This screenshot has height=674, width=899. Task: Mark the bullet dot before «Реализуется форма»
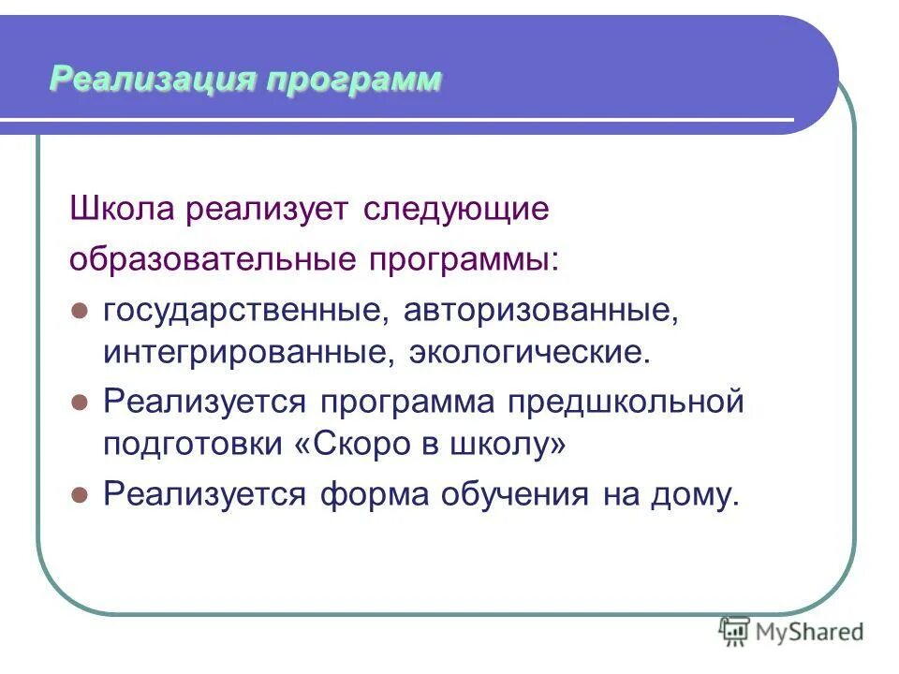(80, 493)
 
